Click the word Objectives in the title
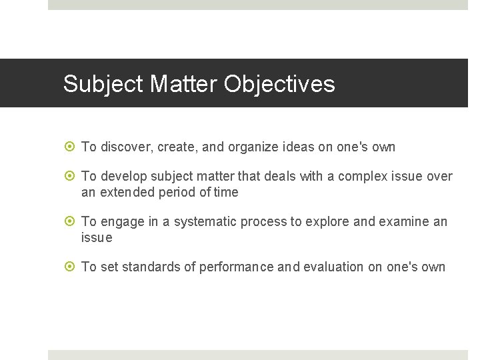pos(279,85)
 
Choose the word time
pos(226,193)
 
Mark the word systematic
pos(207,222)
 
